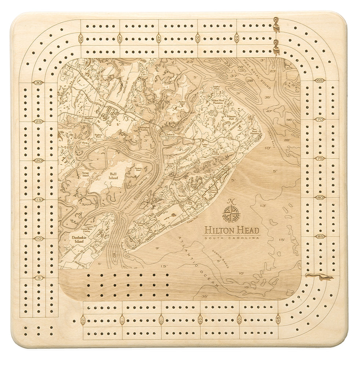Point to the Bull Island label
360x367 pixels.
[x=113, y=176]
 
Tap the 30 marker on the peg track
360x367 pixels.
[x=38, y=83]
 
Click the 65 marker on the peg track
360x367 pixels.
[x=320, y=80]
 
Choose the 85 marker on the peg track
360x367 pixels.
[x=320, y=237]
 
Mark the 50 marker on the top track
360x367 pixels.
[x=197, y=37]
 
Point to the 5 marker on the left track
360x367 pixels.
[x=38, y=278]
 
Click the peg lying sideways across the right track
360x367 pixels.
[x=319, y=277]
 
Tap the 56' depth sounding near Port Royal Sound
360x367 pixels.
[x=289, y=120]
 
